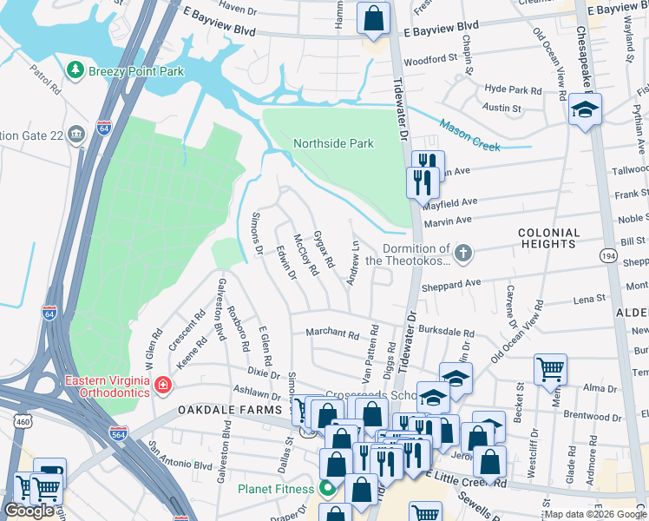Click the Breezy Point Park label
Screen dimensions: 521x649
135,70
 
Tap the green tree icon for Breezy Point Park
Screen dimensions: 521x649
76,70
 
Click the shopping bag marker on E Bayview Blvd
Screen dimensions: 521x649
373,18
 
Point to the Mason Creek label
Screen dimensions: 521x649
469,135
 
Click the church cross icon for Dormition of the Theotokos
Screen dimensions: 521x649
464,254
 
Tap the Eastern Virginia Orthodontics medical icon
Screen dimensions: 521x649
162,384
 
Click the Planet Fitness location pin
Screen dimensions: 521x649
329,489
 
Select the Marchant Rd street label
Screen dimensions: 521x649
331,333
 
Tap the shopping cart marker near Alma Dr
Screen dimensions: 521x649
550,369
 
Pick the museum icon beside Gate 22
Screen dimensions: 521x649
75,134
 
